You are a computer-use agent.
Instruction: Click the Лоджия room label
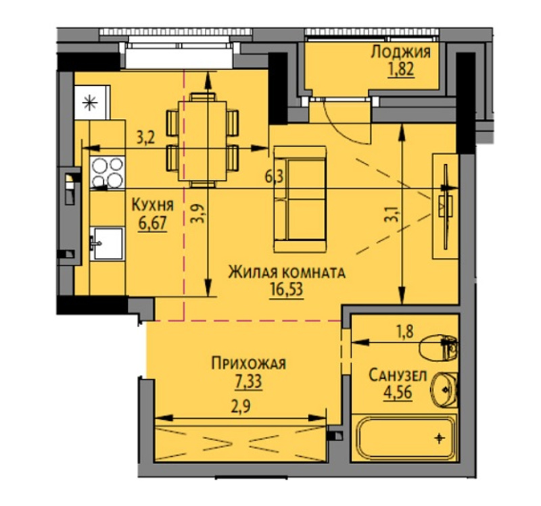(400, 52)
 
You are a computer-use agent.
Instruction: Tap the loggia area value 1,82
(401, 70)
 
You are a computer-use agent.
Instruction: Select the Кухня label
(153, 205)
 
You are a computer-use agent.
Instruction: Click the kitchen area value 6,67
(153, 224)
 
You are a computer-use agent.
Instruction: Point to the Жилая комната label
(287, 272)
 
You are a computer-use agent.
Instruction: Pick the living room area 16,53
(287, 290)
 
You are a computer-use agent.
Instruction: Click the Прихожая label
(249, 363)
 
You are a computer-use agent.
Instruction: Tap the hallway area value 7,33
(249, 382)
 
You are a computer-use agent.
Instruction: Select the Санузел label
(398, 376)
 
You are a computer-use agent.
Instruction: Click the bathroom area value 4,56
(398, 392)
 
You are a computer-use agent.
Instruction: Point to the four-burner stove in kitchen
(108, 172)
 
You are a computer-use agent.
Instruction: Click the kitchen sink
(107, 243)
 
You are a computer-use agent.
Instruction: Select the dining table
(202, 141)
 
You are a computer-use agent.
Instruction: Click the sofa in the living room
(300, 199)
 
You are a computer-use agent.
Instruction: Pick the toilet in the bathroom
(438, 347)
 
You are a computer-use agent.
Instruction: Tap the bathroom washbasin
(444, 390)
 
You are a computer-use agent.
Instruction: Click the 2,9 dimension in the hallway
(240, 407)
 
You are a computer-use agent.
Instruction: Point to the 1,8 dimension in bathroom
(404, 332)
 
